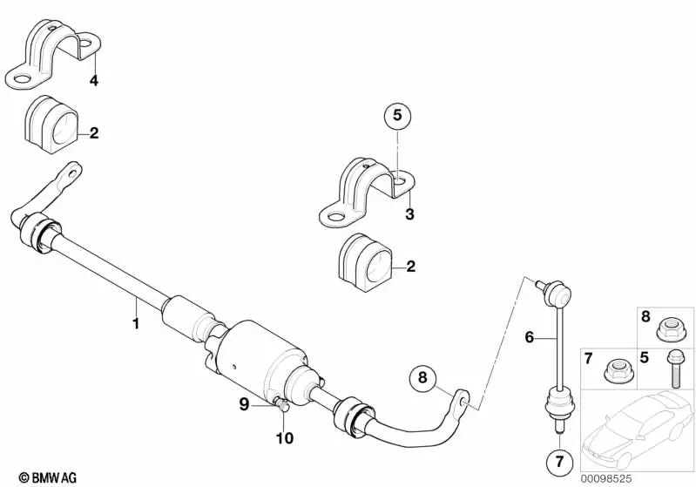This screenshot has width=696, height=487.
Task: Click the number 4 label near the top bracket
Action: click(x=93, y=82)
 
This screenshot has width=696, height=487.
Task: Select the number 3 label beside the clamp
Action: click(x=409, y=213)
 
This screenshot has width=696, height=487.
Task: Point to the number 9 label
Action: click(x=245, y=402)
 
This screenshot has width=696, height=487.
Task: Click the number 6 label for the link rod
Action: click(x=528, y=335)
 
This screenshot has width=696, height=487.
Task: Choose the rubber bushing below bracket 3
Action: click(x=365, y=260)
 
